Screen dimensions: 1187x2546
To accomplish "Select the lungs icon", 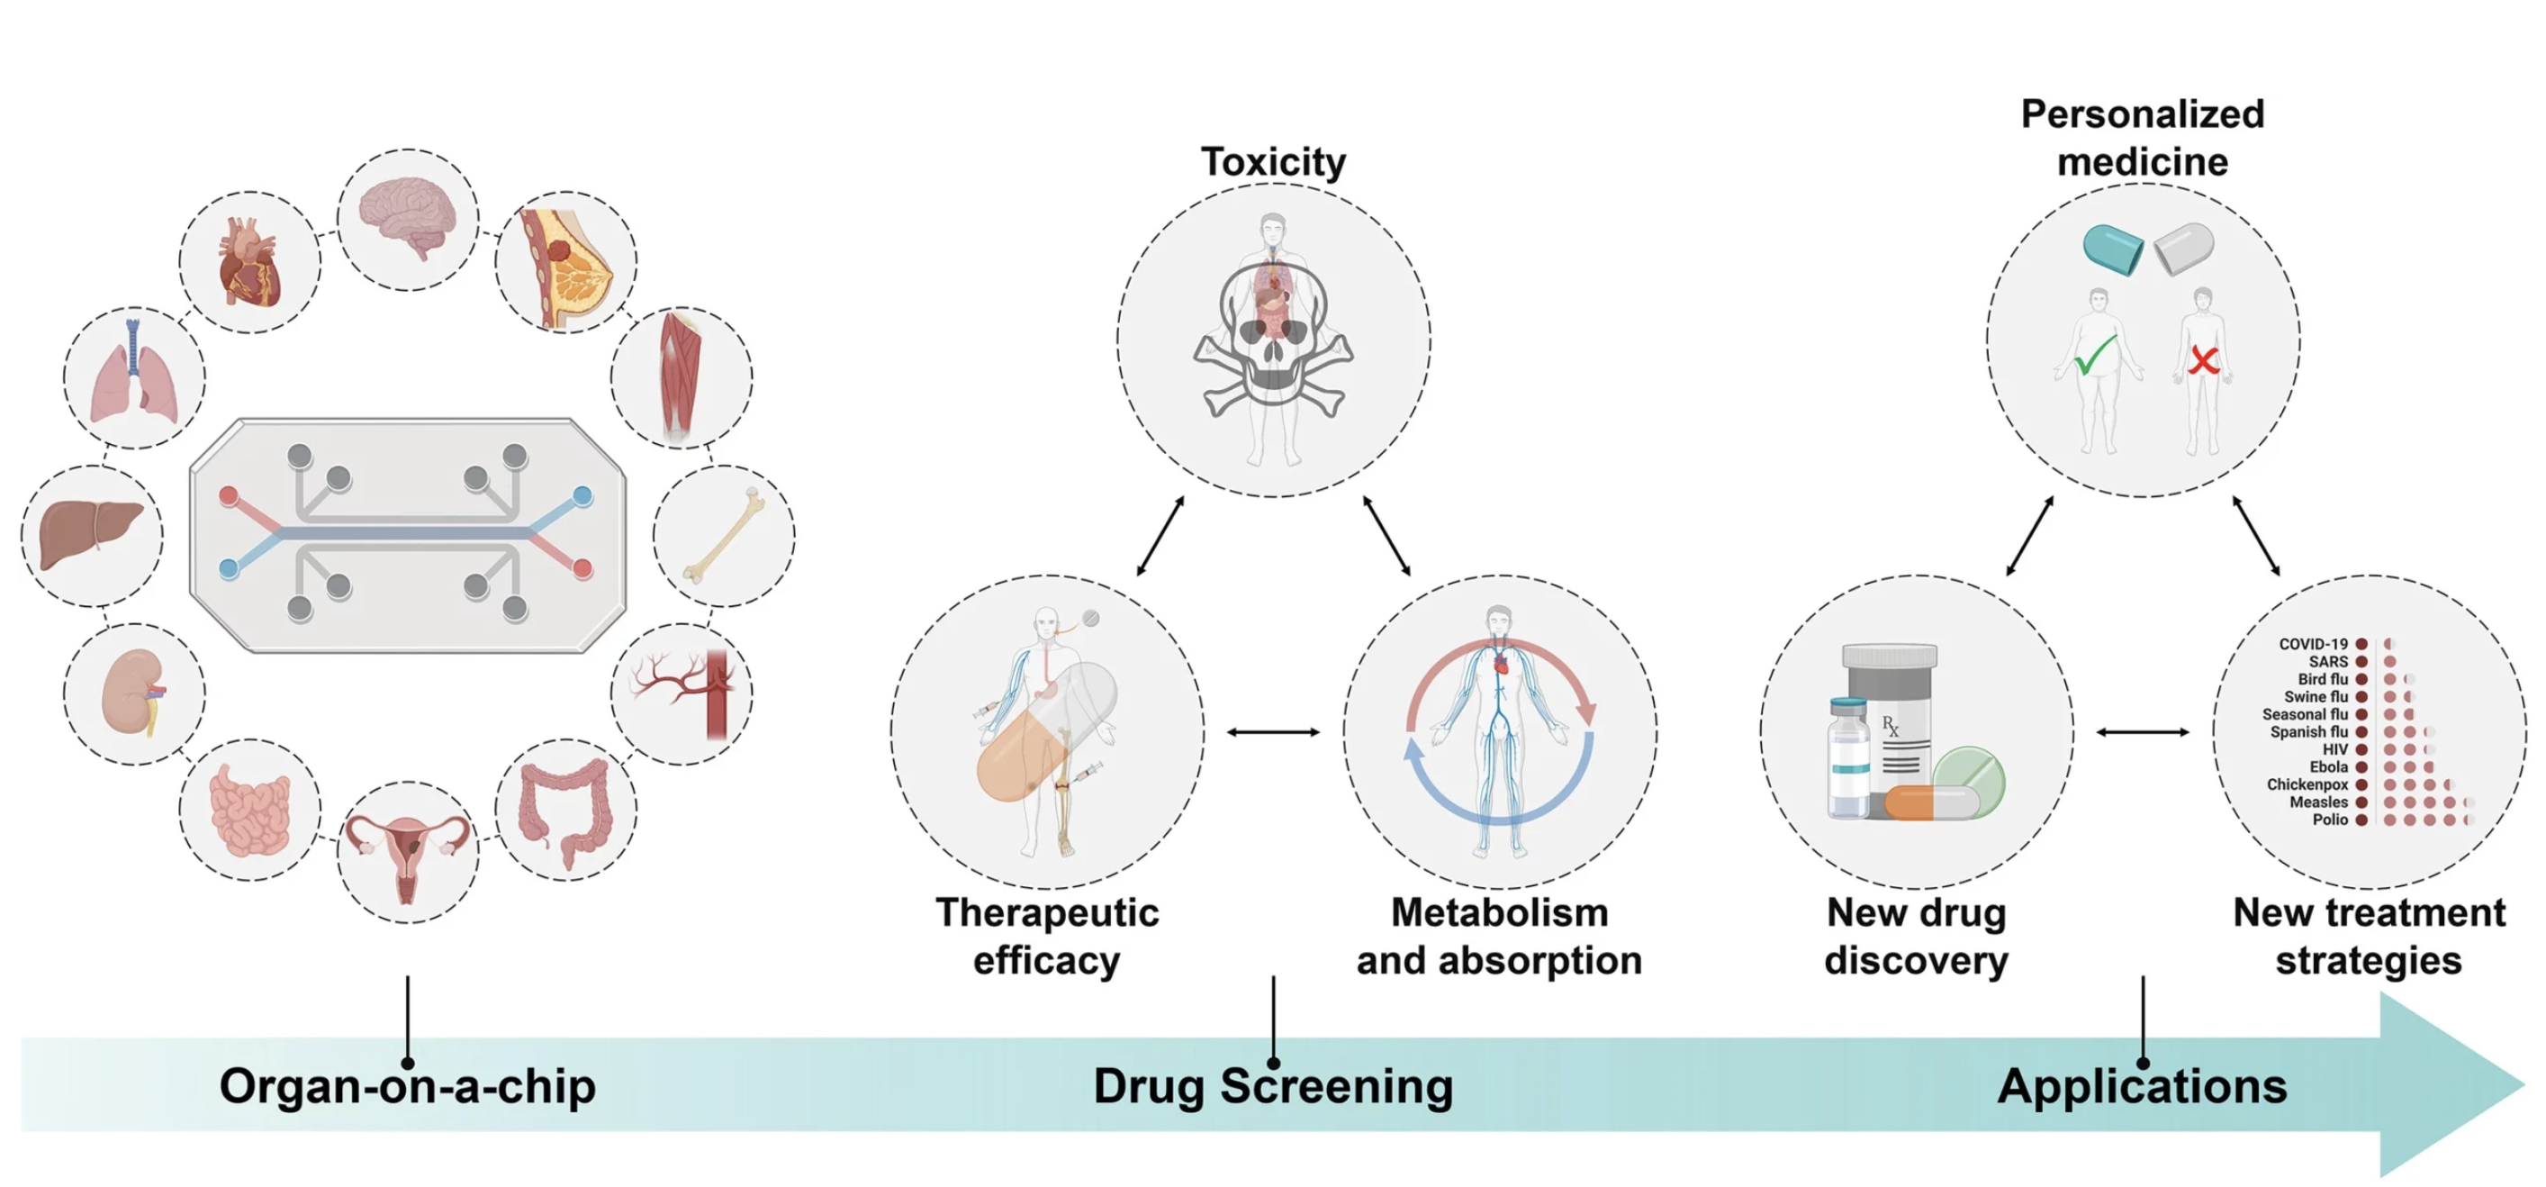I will click(x=134, y=376).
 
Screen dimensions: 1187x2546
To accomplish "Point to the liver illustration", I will click(x=91, y=535).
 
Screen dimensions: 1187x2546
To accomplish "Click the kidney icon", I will click(x=134, y=692).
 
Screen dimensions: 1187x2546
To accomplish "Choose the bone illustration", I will click(x=724, y=535).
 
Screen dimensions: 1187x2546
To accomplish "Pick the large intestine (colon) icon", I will click(x=565, y=809).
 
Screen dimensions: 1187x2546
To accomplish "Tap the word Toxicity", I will click(x=1273, y=162).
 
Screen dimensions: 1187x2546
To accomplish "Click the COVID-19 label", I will click(x=2313, y=643).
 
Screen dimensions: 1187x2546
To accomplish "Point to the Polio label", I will click(x=2330, y=820).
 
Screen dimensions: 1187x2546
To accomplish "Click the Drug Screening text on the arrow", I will click(x=1273, y=1086).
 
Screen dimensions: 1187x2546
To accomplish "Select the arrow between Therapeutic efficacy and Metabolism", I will click(x=1273, y=732).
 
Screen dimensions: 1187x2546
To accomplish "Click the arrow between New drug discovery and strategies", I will click(x=2142, y=732).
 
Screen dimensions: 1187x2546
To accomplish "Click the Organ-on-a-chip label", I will click(x=407, y=1086).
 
